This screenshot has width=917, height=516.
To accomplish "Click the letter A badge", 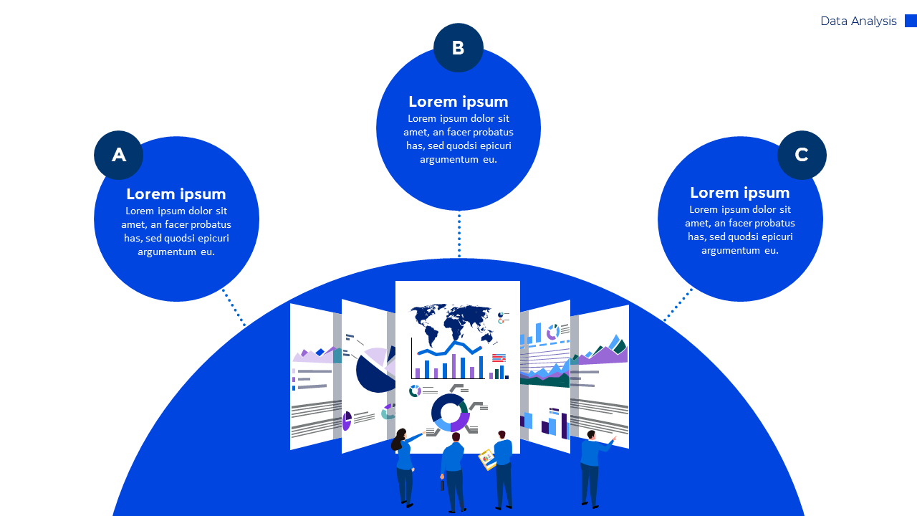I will [x=118, y=155].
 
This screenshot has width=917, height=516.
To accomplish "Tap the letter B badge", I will [x=458, y=48].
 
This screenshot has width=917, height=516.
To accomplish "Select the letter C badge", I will [x=802, y=155].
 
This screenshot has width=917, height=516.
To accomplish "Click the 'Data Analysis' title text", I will [x=858, y=21].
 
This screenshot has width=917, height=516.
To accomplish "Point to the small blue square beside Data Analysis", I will [x=911, y=21].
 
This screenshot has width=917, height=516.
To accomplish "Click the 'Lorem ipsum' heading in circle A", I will [x=176, y=194].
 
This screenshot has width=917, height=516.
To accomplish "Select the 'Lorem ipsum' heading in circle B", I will [x=458, y=102].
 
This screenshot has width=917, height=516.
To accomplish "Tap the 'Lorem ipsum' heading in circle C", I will [x=740, y=193].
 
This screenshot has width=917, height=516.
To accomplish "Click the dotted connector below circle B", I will [x=459, y=234].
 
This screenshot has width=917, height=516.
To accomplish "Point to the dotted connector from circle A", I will [x=234, y=307].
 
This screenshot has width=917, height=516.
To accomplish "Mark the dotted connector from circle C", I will [x=678, y=305].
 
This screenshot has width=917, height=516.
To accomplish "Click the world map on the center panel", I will [x=452, y=322].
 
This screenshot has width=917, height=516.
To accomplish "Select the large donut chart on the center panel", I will [x=449, y=412].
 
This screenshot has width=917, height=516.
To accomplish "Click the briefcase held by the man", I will [x=443, y=484].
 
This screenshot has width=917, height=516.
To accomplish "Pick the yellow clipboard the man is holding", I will [x=487, y=459].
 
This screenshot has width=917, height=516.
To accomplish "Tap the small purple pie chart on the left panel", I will [x=347, y=420].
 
